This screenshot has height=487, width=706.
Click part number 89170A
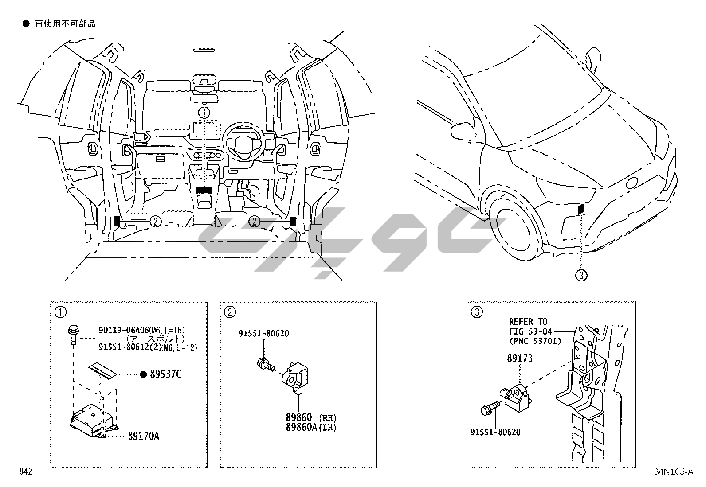[x=143, y=436]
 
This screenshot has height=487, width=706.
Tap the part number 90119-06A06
[x=123, y=330]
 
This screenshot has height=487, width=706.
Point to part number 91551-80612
[x=123, y=347]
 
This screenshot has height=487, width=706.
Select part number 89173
[x=520, y=358]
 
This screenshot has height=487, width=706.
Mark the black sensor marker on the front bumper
[x=581, y=207]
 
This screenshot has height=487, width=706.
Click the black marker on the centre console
[x=204, y=190]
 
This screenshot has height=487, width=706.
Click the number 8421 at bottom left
[x=27, y=471]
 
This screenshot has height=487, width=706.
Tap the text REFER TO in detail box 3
[x=528, y=322]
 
